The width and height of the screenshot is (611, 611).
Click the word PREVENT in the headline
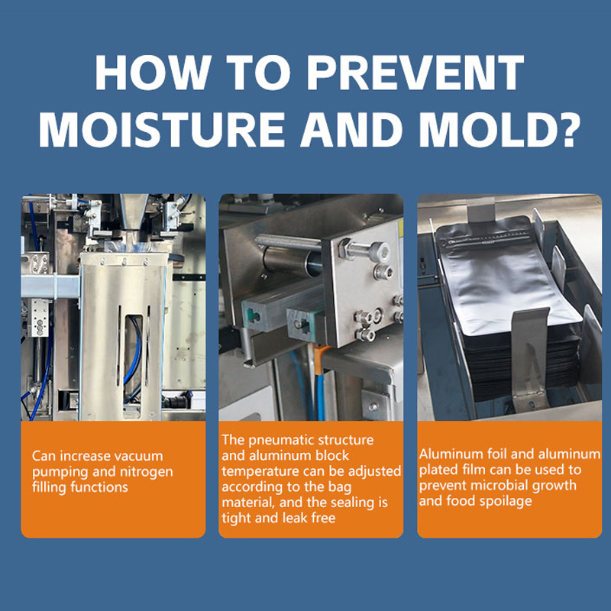tap(415, 73)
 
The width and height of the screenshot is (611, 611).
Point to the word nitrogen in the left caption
tap(146, 471)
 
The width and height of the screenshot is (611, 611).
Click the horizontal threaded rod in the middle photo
tap(289, 242)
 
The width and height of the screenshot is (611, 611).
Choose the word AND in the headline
tap(351, 129)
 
